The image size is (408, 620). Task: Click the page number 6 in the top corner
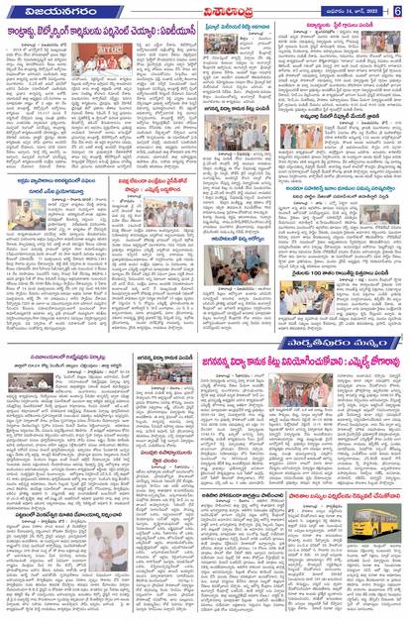pos(397,10)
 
